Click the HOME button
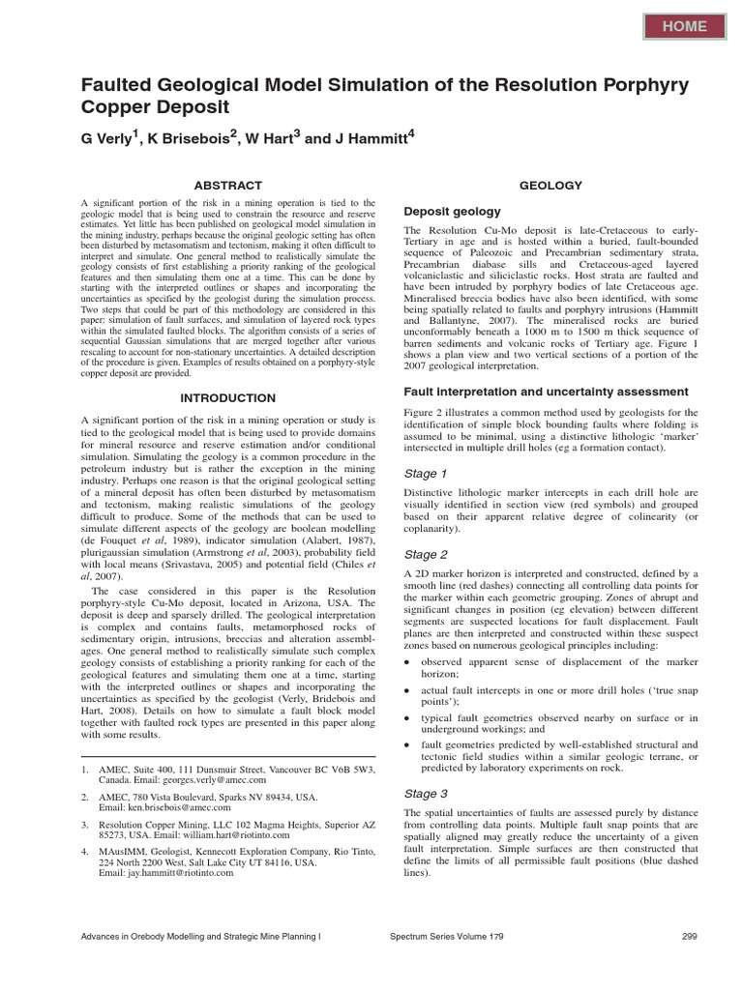pos(684,26)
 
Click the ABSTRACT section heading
pos(228,185)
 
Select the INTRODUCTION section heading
pos(228,397)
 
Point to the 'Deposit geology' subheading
pos(452,211)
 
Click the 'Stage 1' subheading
pos(426,474)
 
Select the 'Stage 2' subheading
pos(426,555)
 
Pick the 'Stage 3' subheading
pos(426,793)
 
